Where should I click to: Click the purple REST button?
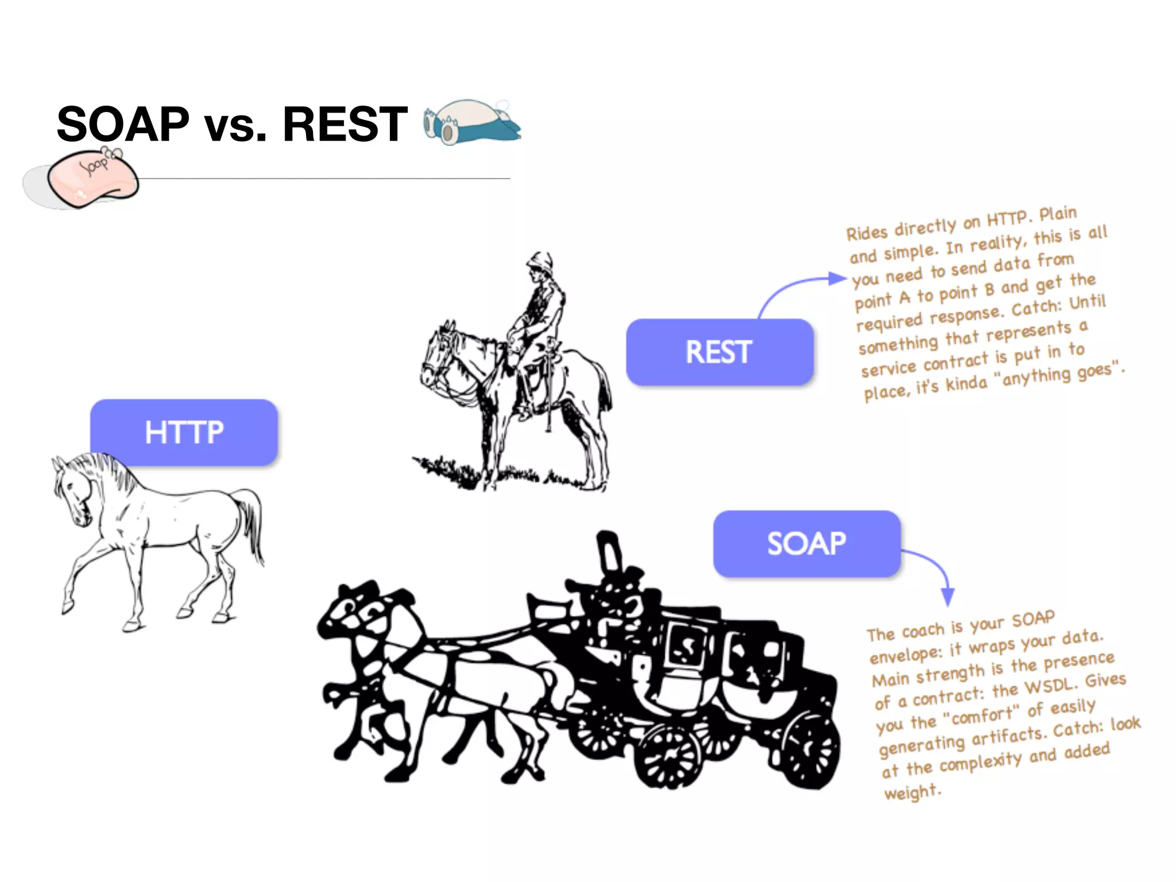(x=719, y=351)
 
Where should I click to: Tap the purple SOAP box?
(x=806, y=543)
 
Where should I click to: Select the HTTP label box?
(x=184, y=432)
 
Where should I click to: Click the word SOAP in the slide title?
(x=123, y=124)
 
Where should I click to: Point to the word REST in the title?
(x=345, y=124)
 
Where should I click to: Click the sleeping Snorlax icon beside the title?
(x=471, y=122)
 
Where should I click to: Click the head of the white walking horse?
(x=72, y=488)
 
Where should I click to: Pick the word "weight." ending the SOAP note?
(x=912, y=792)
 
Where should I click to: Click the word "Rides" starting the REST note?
(x=867, y=233)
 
